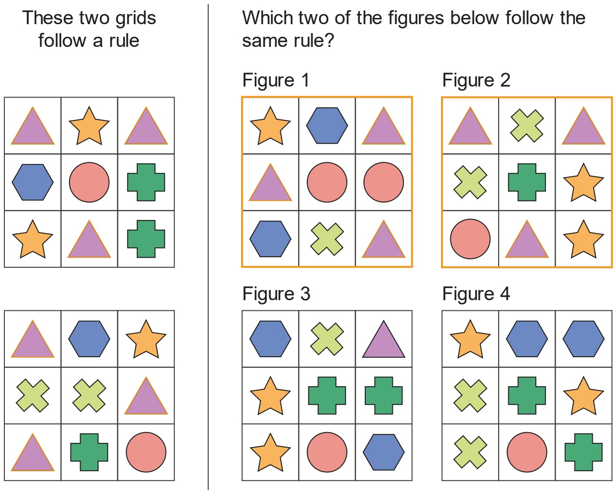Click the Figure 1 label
[276, 80]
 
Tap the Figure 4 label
[476, 294]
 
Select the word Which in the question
[267, 18]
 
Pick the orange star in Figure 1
[270, 126]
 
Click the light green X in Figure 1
[327, 239]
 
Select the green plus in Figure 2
[527, 182]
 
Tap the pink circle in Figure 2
[470, 239]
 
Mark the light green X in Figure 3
[327, 339]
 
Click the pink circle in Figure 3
[327, 452]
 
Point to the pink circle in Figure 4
[527, 452]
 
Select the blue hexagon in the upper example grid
[33, 182]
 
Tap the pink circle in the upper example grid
[89, 182]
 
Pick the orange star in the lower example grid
[146, 339]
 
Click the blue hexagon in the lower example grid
[89, 339]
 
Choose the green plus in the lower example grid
[89, 452]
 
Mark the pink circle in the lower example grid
[146, 452]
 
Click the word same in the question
[261, 41]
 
